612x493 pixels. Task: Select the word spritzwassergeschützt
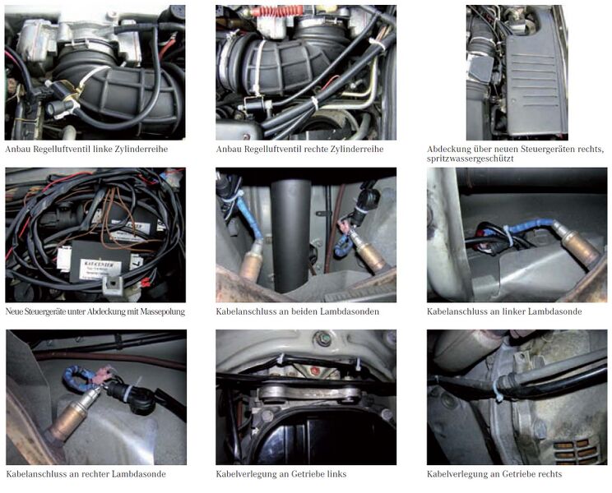pos(470,159)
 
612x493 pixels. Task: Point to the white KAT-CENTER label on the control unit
pos(100,269)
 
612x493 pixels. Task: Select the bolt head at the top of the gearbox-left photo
pos(323,339)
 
